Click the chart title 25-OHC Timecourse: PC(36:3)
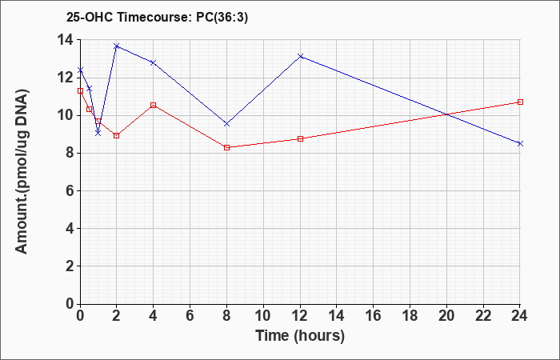pos(157,17)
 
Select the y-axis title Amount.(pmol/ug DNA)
pos(22,171)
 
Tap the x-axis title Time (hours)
pos(300,336)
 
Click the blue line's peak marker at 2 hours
pos(117,46)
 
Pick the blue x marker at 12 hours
pos(300,56)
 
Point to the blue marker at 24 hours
pos(520,143)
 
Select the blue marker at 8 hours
pos(226,123)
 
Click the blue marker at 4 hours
pos(154,63)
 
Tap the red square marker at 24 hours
pos(520,102)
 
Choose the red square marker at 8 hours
pos(226,147)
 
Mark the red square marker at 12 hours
pos(300,139)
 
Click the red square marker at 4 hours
pos(154,105)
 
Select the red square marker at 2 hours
pos(117,136)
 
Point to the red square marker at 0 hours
pos(80,91)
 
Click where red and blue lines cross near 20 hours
pos(446,114)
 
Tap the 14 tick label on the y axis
pos(66,40)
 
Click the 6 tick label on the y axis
pos(71,190)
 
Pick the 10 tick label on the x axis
pos(263,316)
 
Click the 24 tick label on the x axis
pos(519,316)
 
